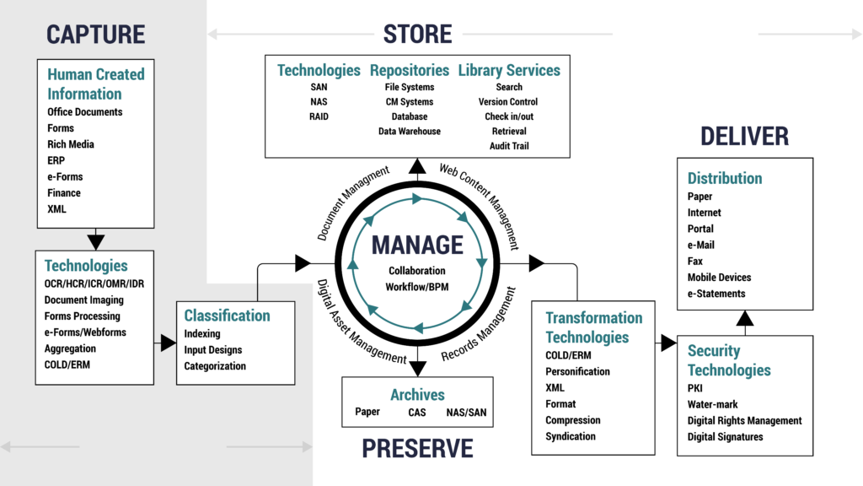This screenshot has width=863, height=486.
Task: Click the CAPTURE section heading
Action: tap(96, 34)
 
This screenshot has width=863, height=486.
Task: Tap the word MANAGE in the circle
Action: tap(418, 246)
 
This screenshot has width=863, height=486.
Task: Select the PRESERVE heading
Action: tap(418, 448)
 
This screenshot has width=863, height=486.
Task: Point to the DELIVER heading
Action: tap(744, 136)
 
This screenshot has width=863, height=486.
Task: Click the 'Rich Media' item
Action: tap(71, 144)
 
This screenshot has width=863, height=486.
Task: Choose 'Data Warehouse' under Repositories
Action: tap(410, 132)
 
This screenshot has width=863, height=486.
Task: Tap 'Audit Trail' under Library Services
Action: tap(509, 146)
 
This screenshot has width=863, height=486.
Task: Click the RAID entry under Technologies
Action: tap(319, 116)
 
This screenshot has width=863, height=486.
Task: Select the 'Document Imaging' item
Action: tap(84, 300)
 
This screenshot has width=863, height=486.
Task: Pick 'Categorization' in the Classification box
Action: tap(215, 366)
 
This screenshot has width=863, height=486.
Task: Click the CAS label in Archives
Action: tap(417, 413)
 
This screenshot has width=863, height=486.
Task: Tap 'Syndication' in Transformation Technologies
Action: tap(571, 436)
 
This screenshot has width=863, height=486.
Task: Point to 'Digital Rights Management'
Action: tap(745, 420)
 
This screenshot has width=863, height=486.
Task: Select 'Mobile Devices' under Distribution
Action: tap(719, 278)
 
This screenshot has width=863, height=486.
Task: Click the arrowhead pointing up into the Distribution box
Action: tap(745, 318)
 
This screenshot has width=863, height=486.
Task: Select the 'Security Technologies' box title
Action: tap(729, 360)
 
